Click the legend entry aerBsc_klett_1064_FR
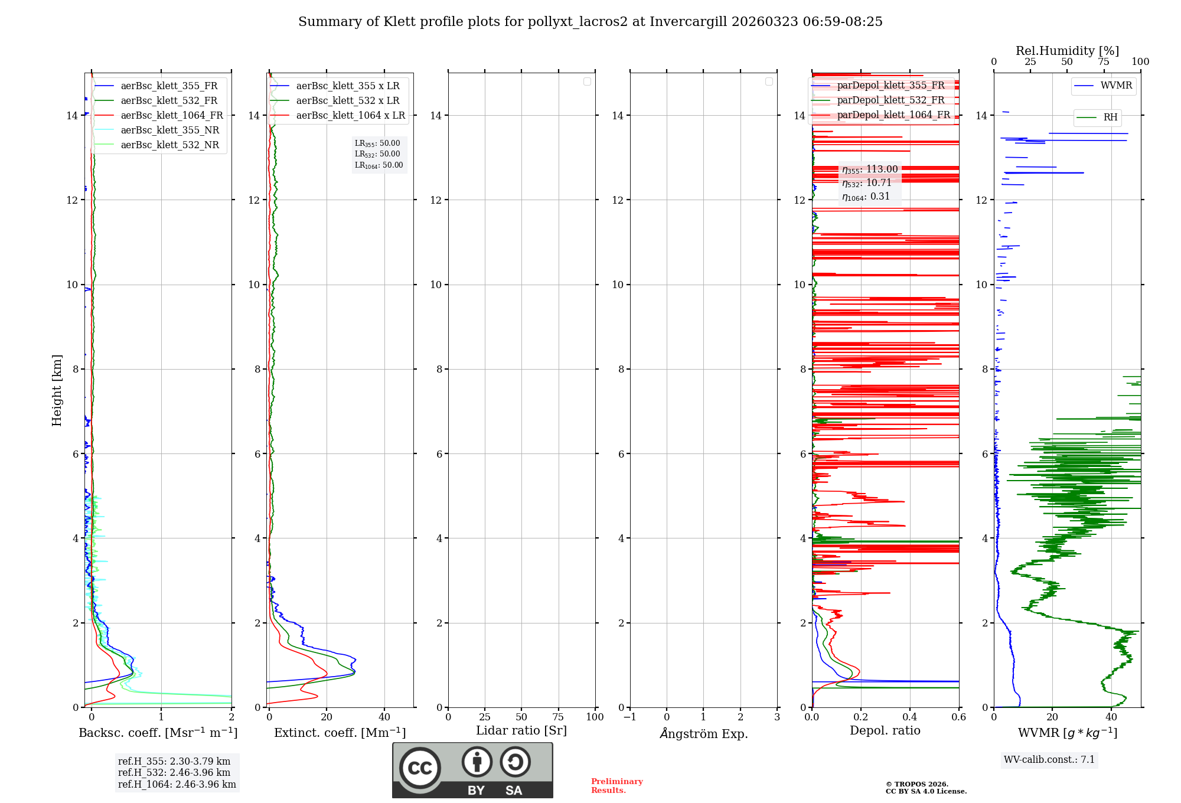click(171, 116)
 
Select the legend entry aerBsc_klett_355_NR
click(169, 130)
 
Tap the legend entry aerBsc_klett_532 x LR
click(347, 101)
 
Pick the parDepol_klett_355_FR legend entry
click(890, 86)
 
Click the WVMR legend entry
click(1115, 86)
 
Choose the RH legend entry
click(1110, 117)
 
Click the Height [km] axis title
click(57, 390)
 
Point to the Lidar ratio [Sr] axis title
click(521, 731)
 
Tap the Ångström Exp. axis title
click(703, 734)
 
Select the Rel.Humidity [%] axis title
click(1067, 51)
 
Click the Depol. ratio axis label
click(885, 731)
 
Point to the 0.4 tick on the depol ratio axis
click(909, 717)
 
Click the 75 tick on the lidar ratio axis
click(558, 717)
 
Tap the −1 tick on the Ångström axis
click(629, 717)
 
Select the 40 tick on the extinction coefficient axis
click(384, 717)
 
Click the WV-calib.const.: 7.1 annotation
click(1049, 760)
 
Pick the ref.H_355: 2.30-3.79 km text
click(174, 762)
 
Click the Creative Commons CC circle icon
click(420, 768)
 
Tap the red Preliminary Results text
click(616, 786)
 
